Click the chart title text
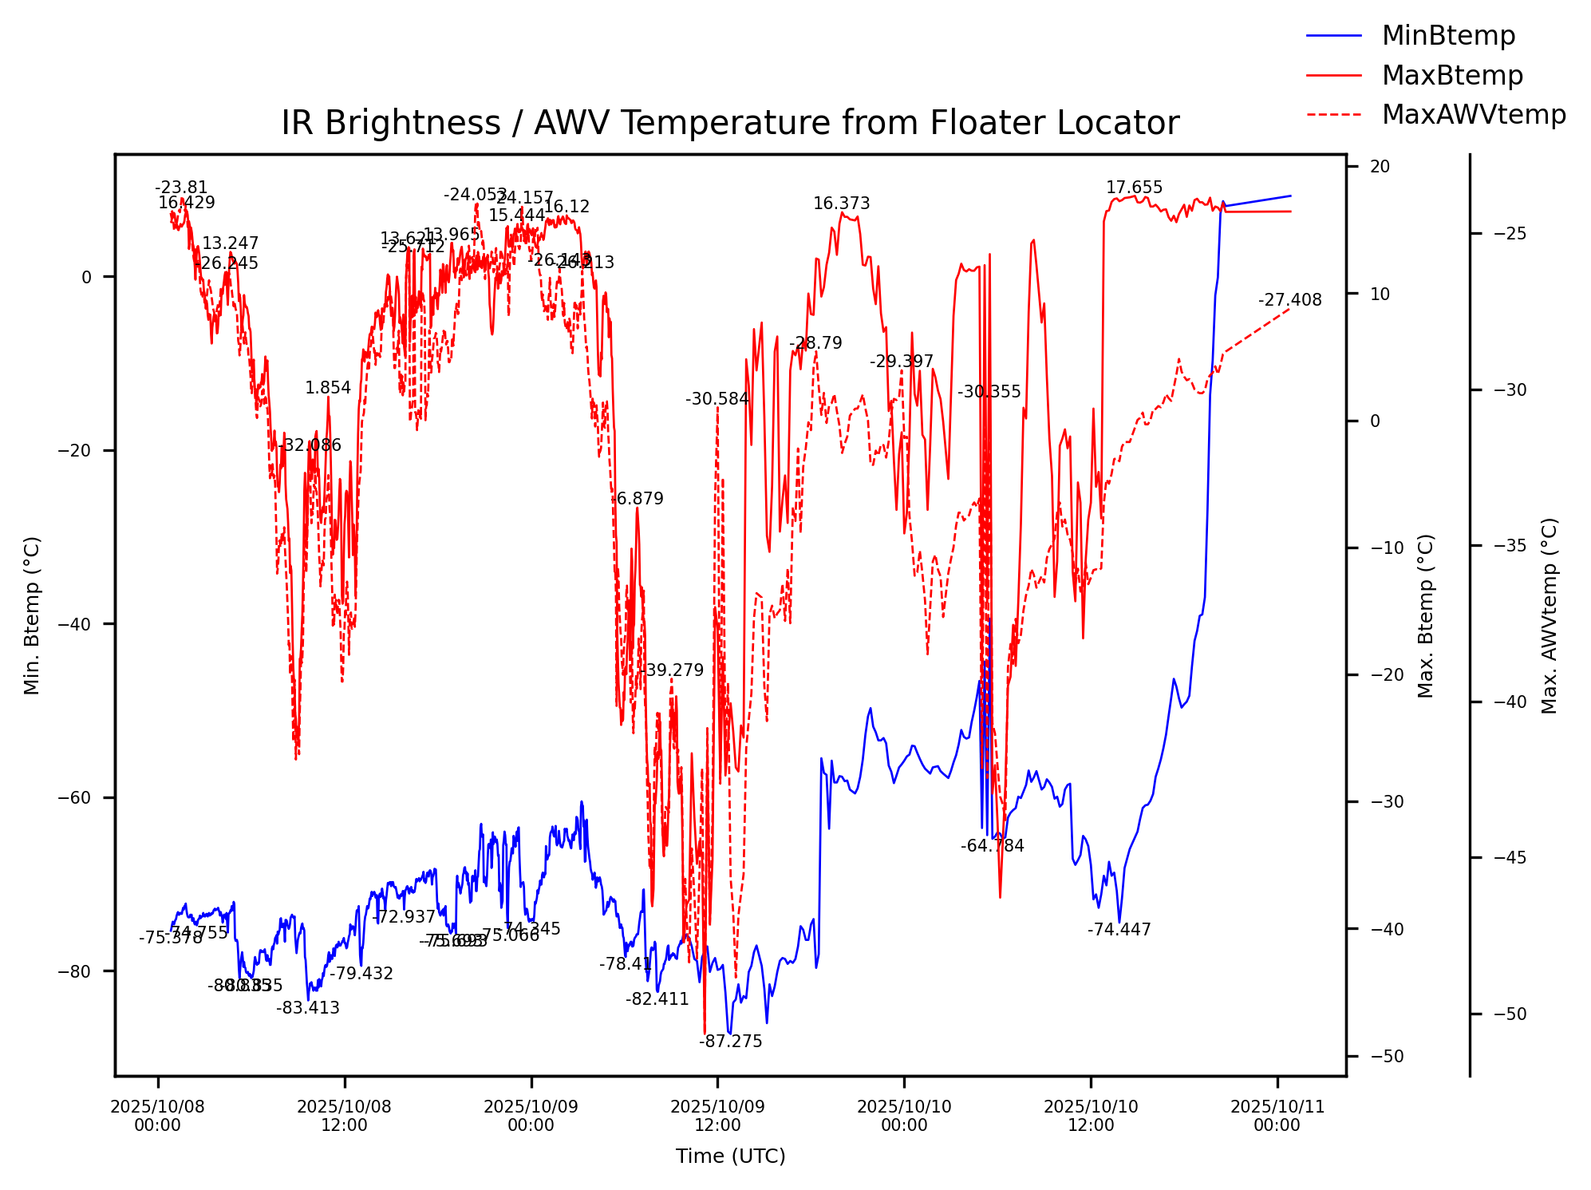[730, 124]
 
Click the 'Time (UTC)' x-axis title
[730, 1156]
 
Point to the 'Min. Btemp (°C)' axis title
[32, 615]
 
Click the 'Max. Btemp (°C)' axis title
[1426, 615]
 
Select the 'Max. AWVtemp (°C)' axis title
[1550, 615]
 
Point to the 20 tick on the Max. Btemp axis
[1380, 167]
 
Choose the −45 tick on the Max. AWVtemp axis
[1510, 858]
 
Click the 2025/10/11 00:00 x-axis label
[1277, 1116]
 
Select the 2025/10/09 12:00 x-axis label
[717, 1116]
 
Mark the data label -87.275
[731, 1042]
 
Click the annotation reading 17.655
[1134, 188]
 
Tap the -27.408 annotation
[1289, 300]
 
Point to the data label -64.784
[992, 846]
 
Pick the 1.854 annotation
[328, 388]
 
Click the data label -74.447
[1119, 930]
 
